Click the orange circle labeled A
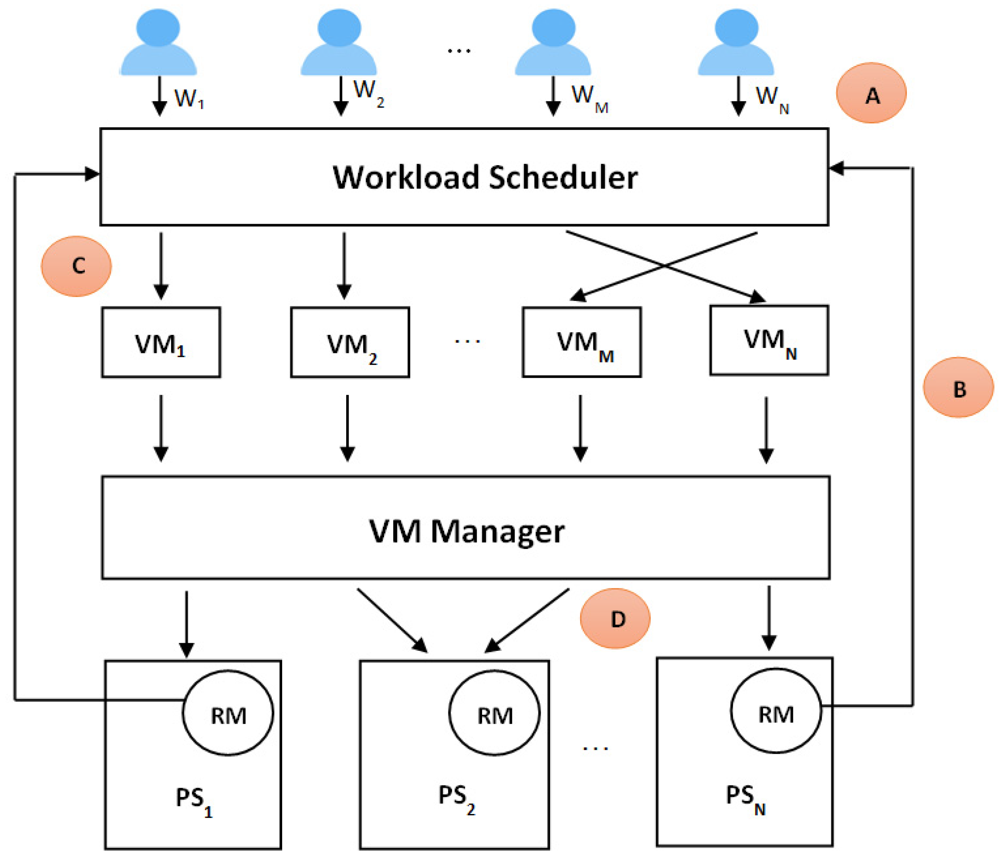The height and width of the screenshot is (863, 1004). point(871,93)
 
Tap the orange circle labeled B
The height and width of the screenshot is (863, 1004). point(958,387)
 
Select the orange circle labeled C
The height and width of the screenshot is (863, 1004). point(76,266)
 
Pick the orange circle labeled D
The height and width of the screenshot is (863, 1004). point(615,618)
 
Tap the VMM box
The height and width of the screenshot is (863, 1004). point(581,342)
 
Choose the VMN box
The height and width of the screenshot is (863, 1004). point(769,340)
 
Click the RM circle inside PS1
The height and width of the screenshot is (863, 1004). point(228,713)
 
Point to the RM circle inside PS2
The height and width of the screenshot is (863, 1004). point(494,713)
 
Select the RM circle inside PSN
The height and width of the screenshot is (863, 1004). point(776,711)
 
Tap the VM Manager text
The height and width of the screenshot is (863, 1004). point(466,531)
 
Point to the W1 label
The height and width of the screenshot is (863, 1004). point(188,99)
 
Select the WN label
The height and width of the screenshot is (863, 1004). point(771,98)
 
